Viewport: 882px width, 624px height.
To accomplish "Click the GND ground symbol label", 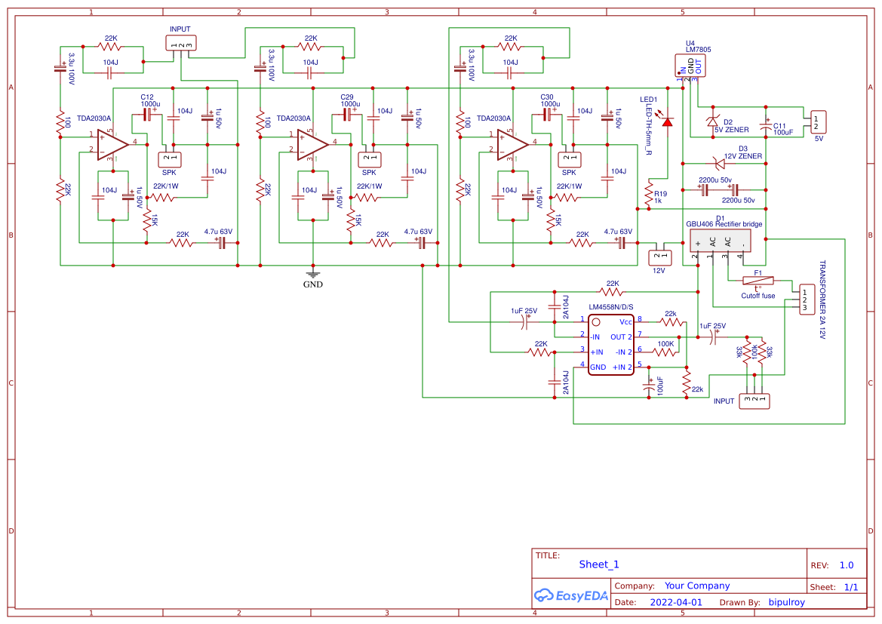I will [312, 284].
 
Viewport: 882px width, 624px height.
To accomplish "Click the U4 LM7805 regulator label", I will [698, 46].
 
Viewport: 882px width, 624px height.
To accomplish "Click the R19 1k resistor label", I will [661, 197].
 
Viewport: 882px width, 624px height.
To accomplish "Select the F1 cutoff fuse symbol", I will [758, 281].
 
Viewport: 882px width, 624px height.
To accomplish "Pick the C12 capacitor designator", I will [147, 97].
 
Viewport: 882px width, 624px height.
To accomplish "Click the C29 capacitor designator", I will [347, 97].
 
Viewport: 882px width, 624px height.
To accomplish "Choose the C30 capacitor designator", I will [547, 97].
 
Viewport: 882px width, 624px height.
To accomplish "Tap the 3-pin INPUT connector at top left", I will [180, 44].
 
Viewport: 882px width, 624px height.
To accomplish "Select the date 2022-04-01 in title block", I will [675, 603].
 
